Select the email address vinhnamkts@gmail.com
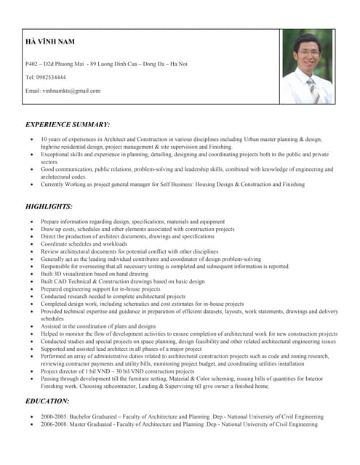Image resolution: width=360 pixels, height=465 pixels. tap(71, 91)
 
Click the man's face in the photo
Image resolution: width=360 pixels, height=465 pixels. tap(304, 53)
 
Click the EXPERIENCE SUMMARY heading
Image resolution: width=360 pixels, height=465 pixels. tap(68, 124)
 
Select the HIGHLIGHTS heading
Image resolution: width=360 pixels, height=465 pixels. tap(49, 206)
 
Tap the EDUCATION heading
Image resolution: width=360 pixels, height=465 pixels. tap(48, 401)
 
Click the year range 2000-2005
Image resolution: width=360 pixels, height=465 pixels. tap(55, 417)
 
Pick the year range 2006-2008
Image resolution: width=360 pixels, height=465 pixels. tap(55, 424)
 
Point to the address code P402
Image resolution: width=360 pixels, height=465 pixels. tap(33, 64)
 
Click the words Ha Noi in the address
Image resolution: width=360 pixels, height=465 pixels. tap(178, 64)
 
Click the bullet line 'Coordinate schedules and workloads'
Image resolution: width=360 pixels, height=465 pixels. tap(84, 244)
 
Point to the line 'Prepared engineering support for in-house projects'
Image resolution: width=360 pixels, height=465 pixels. tap(100, 289)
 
